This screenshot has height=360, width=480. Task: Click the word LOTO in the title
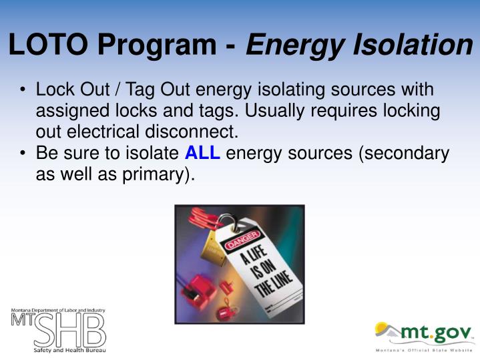coord(47,45)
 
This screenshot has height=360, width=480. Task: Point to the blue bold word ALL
coord(202,154)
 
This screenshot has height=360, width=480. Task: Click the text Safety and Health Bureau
coord(69,350)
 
